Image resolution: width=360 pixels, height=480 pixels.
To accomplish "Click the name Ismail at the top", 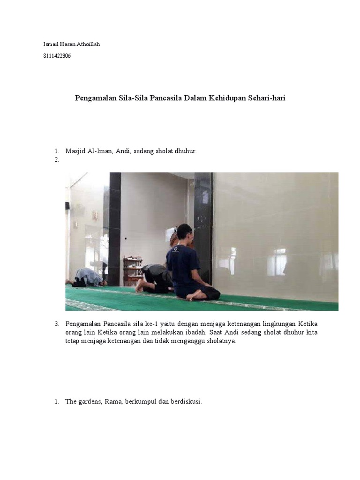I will pos(50,44).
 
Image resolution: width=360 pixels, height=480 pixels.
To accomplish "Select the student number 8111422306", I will pos(57,56).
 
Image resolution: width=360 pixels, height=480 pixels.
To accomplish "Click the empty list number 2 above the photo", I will pos(57,160).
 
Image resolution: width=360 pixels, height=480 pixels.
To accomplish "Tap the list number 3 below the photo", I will pos(57,324).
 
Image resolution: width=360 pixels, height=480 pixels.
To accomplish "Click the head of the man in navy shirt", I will pos(185,232).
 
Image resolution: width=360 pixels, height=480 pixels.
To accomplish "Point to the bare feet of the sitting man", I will pos(197,295).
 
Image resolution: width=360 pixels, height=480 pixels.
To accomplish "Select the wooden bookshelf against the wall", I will pos(133,270).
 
